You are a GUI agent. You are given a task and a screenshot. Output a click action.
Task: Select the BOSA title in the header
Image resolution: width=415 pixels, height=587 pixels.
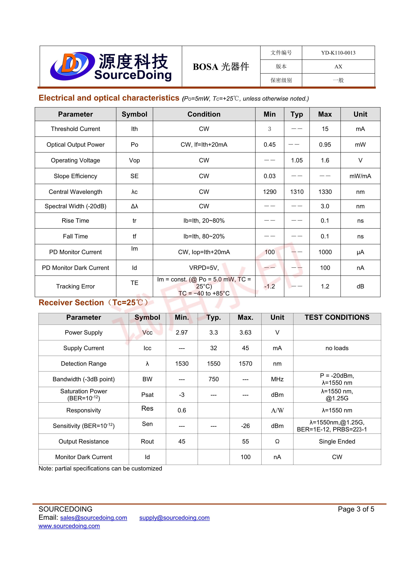(x=221, y=67)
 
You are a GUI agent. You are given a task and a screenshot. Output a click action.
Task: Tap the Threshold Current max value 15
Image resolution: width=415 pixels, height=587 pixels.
(x=325, y=129)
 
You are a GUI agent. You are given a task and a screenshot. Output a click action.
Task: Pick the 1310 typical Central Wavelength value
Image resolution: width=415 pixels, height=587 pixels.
(x=297, y=192)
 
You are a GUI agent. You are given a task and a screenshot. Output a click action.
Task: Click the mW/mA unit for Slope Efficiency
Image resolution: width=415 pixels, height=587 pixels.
(x=360, y=176)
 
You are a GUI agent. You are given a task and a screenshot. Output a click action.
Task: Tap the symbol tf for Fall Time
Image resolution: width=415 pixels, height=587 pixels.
(x=134, y=236)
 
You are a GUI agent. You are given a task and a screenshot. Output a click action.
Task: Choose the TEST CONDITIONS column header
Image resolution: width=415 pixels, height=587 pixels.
(x=337, y=318)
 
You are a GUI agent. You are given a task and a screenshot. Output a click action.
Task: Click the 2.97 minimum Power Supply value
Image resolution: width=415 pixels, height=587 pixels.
(x=182, y=332)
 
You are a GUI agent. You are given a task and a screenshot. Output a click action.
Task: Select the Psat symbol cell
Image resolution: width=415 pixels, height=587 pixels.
(x=147, y=395)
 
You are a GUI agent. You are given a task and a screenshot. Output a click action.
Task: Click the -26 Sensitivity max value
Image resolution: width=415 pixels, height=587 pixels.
(x=245, y=426)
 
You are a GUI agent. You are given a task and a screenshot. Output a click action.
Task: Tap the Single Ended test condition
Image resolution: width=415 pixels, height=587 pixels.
(x=337, y=441)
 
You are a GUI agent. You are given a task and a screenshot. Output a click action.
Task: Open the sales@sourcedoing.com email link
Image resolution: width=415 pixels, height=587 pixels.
(x=94, y=518)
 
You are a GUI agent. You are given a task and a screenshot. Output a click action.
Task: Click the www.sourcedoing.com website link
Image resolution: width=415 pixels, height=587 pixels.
(x=69, y=526)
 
